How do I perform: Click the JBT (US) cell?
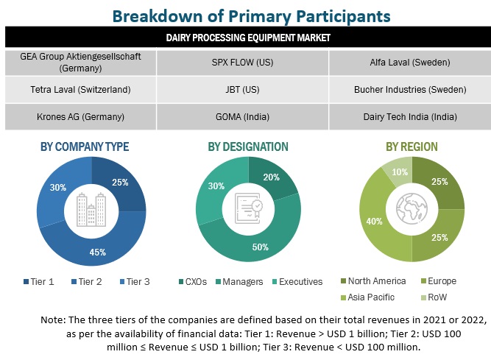[x=244, y=90]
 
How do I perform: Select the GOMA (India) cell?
[x=244, y=116]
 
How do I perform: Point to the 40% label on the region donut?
[x=373, y=221]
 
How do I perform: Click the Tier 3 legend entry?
[x=138, y=281]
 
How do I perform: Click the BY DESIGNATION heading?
[x=247, y=147]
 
